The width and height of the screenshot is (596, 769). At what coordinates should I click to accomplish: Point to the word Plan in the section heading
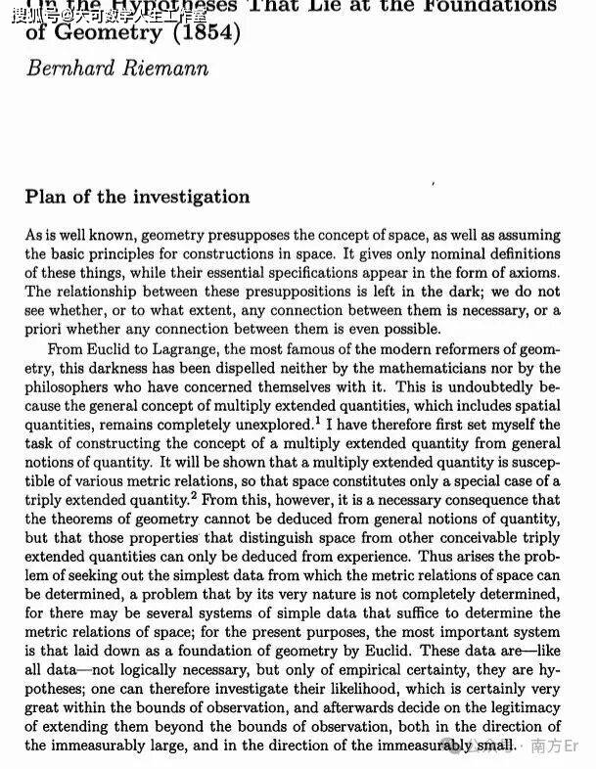coord(45,197)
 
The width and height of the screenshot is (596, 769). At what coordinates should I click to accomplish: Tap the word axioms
coord(534,272)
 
